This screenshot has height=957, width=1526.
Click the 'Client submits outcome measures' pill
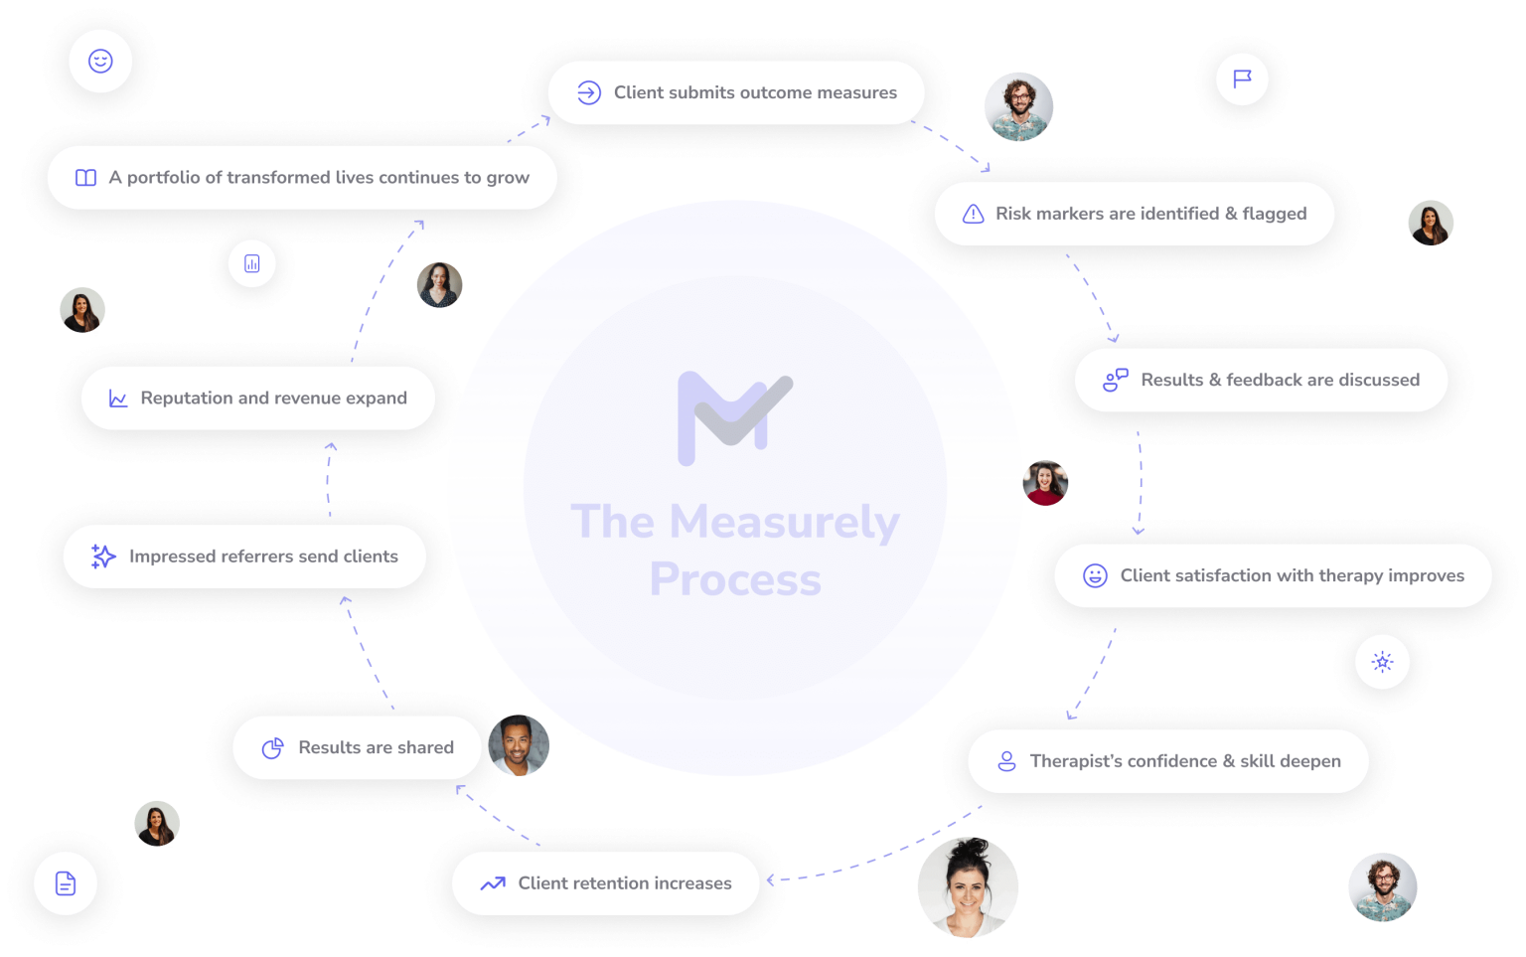coord(735,92)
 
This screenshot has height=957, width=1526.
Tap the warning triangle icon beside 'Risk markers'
coord(974,214)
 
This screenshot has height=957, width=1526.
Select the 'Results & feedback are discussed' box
coord(1261,380)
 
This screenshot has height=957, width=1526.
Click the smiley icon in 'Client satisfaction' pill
coord(1095,575)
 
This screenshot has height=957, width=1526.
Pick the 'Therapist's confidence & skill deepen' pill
coord(1168,761)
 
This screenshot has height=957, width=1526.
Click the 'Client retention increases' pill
coord(606,883)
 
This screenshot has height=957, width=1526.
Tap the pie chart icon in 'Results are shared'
coord(272,748)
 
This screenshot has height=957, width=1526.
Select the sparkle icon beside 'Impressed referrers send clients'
coord(103,557)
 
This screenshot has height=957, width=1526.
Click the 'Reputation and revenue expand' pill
coord(258,399)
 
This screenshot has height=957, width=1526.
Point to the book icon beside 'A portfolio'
coord(86,178)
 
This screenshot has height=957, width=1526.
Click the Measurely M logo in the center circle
coord(734,417)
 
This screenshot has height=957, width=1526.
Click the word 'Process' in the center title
coord(735,579)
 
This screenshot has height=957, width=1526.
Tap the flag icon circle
coord(1242,80)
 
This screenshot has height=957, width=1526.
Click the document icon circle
coord(66,882)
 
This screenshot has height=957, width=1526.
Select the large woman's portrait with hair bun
coord(967,887)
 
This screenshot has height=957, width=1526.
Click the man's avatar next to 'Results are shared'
coord(518,744)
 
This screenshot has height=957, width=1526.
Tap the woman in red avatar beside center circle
coord(1045,483)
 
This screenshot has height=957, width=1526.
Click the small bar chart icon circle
coord(252,263)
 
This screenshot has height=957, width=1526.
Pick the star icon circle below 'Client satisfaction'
coord(1382,662)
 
